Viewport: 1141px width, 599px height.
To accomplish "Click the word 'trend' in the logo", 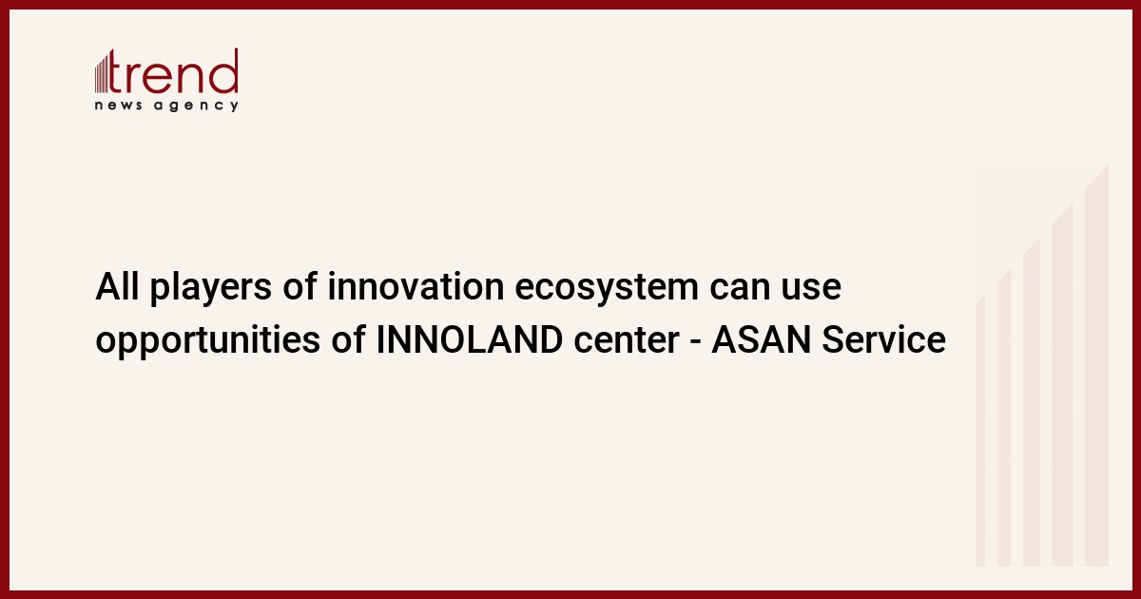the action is tap(173, 71).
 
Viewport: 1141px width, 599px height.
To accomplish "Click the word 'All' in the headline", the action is tap(117, 287).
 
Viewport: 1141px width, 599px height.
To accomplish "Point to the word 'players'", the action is tap(210, 289).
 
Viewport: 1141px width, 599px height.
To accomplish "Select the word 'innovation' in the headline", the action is tap(416, 287).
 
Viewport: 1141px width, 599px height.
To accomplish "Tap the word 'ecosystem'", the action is tap(607, 289).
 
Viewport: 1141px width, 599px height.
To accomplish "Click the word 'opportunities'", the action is tap(208, 342).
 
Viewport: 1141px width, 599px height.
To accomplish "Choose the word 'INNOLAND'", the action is tap(469, 339).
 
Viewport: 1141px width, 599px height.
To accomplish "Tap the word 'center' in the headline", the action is tap(627, 341).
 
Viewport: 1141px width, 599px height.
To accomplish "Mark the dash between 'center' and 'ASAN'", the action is tap(696, 342).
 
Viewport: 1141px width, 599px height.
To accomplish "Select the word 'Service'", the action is tap(883, 339).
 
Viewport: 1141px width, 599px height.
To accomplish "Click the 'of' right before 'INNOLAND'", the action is tap(348, 339).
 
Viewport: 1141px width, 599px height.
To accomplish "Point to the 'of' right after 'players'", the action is tap(300, 287).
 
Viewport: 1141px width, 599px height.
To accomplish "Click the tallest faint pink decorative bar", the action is tap(1096, 365).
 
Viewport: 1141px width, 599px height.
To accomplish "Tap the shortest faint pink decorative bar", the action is tap(980, 432).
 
